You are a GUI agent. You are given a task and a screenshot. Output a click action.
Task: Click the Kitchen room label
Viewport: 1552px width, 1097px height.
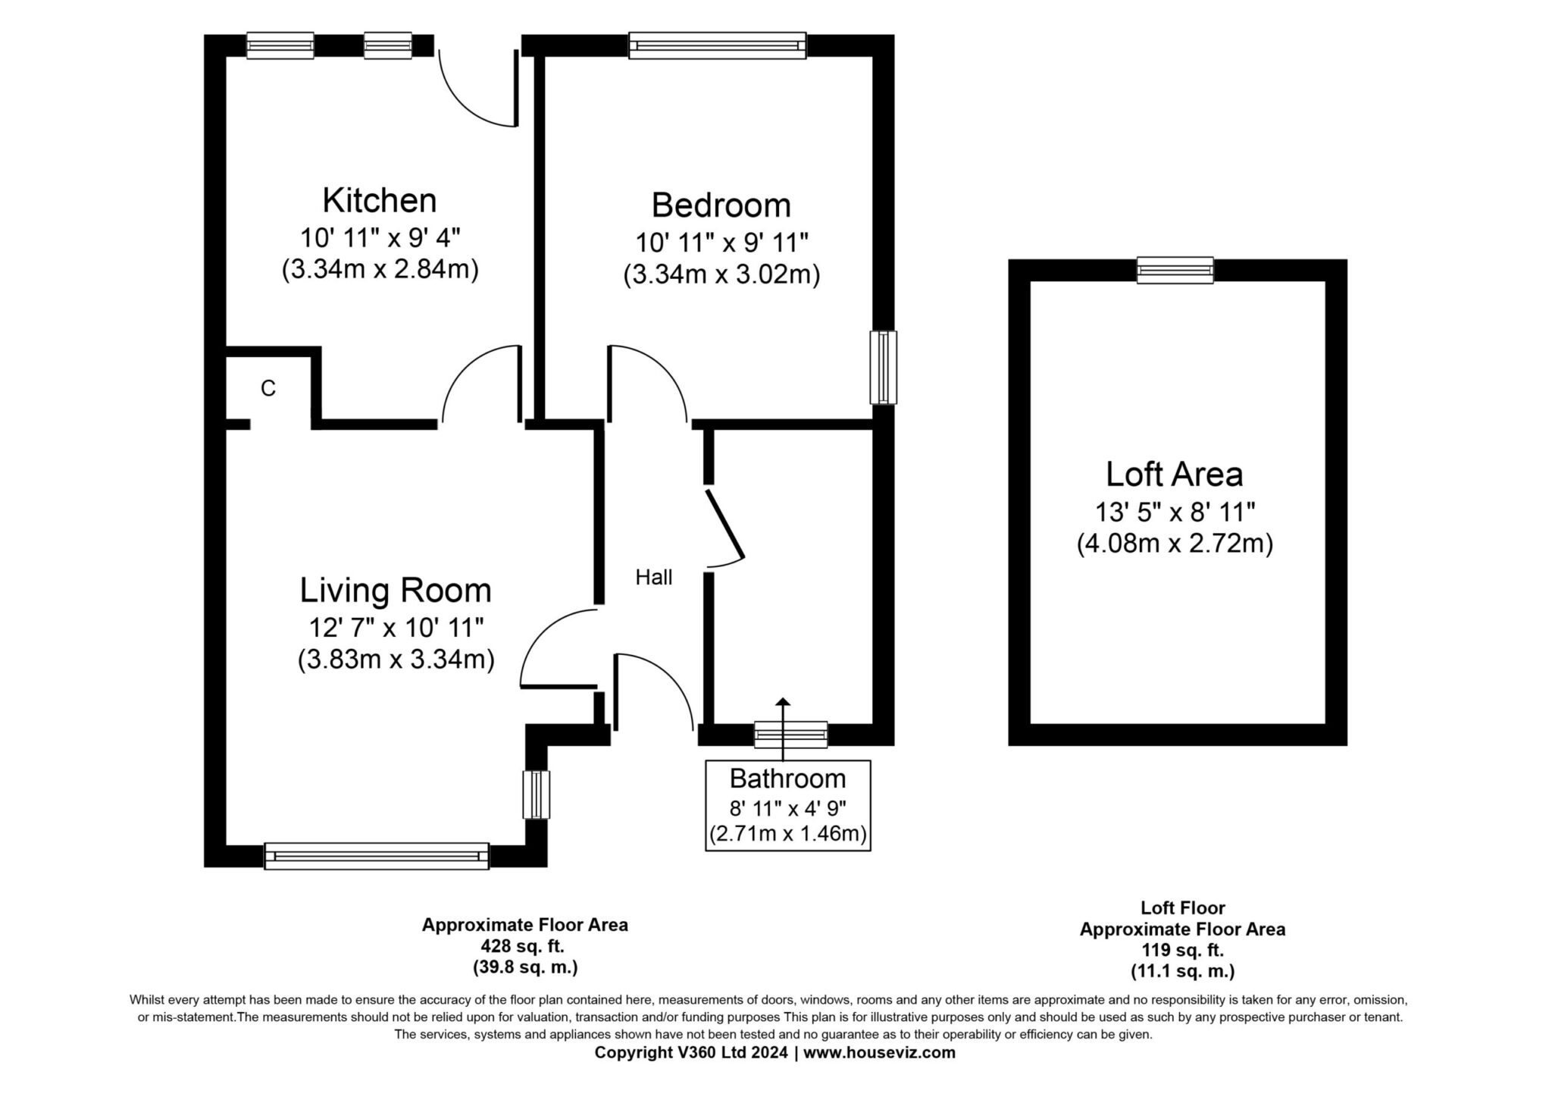pos(380,201)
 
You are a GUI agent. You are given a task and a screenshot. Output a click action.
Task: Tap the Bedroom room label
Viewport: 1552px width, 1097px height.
pos(721,205)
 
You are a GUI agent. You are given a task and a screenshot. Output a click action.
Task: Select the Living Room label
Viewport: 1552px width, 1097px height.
pos(396,591)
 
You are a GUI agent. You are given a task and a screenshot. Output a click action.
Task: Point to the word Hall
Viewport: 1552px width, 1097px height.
pos(654,578)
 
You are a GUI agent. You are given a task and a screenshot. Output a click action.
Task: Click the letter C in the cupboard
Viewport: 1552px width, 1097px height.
pos(268,388)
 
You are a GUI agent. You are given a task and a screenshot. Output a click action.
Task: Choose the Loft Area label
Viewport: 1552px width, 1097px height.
pos(1175,475)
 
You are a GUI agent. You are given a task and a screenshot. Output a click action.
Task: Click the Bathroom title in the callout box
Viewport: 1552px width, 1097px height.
pos(787,779)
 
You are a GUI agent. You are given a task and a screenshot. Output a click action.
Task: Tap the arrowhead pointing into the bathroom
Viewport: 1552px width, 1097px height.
pos(782,703)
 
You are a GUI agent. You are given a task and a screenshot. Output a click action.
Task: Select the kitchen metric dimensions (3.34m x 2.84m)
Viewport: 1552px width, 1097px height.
pos(380,270)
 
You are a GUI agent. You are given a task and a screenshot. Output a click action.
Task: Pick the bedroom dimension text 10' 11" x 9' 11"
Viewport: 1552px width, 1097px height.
pos(722,243)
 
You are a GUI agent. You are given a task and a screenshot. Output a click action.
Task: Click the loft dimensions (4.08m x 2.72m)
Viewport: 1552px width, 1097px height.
pos(1175,544)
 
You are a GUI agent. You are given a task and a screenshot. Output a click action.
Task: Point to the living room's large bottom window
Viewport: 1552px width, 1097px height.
pos(377,856)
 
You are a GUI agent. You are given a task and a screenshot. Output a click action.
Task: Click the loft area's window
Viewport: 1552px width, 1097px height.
pos(1175,271)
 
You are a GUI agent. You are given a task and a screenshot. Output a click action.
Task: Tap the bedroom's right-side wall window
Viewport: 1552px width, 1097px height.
pos(883,367)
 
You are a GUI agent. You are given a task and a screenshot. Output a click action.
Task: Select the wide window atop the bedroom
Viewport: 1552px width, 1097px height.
pos(718,45)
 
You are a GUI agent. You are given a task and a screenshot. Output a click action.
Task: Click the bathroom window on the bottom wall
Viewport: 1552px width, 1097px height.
pos(790,735)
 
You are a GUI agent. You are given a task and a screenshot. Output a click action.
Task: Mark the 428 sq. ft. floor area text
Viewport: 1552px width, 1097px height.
pos(524,946)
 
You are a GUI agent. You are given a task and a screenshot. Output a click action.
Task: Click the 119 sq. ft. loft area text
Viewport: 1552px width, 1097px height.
pos(1183,950)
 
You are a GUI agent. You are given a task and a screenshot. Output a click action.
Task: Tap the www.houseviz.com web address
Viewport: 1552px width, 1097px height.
pos(879,1053)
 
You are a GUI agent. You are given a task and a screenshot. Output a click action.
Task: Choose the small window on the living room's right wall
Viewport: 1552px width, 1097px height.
pos(537,795)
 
